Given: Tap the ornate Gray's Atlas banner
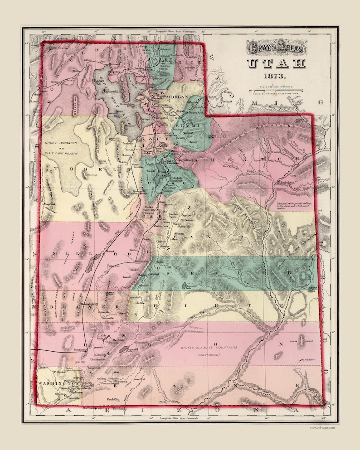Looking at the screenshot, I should coord(276,47).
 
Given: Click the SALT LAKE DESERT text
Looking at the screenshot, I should coord(63,154).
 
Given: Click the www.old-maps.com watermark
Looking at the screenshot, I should coord(322,427).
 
